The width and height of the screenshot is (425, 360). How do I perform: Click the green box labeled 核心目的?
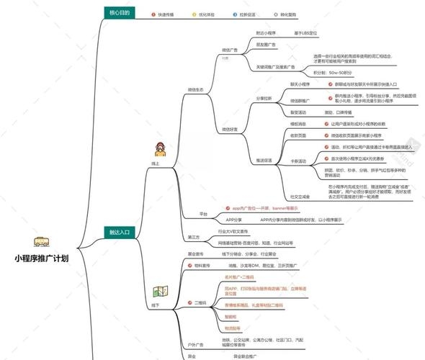(x=120, y=13)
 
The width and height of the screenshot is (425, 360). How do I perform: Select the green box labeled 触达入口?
(x=120, y=232)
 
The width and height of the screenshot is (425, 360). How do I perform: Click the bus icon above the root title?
(x=40, y=243)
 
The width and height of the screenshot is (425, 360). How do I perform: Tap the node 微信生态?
(x=196, y=89)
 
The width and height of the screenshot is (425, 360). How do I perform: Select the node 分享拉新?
(x=266, y=98)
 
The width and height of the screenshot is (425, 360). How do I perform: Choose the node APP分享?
(x=234, y=219)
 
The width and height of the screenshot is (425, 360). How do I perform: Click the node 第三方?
(x=194, y=237)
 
